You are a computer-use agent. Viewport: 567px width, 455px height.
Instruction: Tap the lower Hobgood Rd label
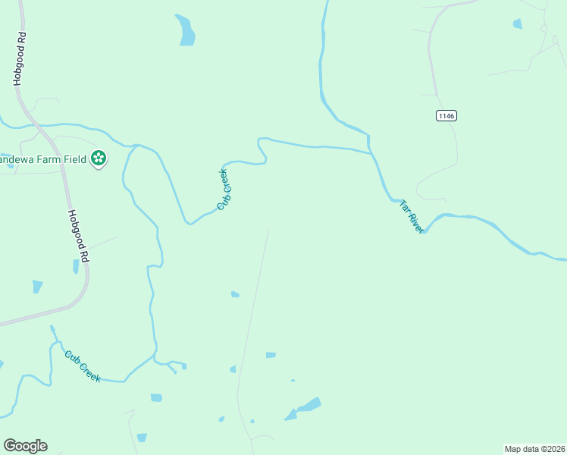[79, 237]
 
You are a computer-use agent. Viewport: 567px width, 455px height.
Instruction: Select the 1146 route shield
[446, 115]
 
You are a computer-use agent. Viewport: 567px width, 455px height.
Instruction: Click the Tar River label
[410, 216]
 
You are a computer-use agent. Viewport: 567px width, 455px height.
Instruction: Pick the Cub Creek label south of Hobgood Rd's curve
[83, 366]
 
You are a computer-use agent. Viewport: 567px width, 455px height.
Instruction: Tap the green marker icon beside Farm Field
[98, 158]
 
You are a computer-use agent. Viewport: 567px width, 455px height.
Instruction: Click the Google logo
[25, 445]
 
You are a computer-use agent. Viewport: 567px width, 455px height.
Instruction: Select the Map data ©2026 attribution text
[534, 449]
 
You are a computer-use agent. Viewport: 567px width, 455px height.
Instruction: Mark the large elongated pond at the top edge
[185, 30]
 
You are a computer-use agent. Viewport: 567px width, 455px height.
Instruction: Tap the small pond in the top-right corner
[518, 24]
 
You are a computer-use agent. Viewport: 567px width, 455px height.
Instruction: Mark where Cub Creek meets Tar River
[371, 153]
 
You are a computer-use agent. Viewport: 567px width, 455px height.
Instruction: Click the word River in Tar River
[414, 222]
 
